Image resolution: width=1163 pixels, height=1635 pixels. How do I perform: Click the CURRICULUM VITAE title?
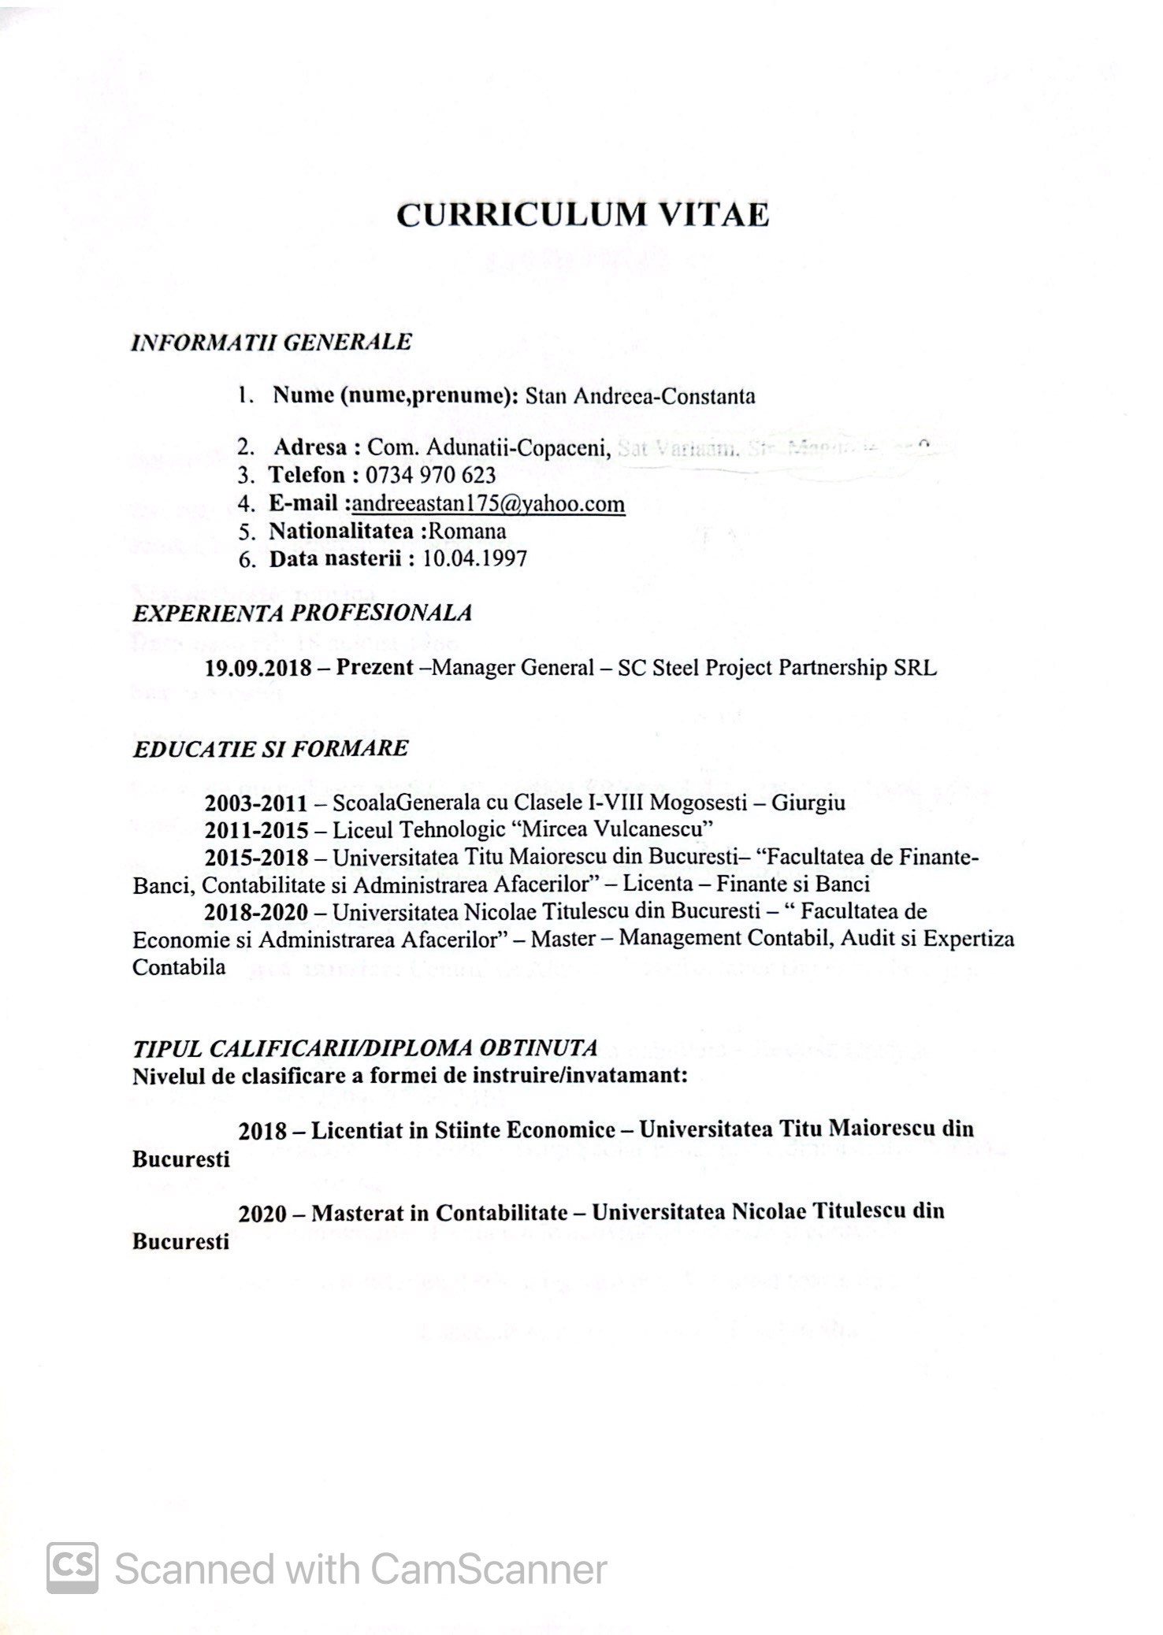click(x=582, y=215)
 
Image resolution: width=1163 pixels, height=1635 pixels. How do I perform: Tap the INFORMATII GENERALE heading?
click(x=272, y=342)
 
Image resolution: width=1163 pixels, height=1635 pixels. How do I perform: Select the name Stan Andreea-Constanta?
click(x=640, y=395)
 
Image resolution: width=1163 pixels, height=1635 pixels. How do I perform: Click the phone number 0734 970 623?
click(x=431, y=475)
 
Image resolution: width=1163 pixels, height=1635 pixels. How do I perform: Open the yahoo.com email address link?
click(x=489, y=503)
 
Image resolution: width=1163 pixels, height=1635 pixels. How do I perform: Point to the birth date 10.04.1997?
click(x=474, y=559)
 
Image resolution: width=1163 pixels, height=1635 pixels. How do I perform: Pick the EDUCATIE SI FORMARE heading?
click(x=271, y=747)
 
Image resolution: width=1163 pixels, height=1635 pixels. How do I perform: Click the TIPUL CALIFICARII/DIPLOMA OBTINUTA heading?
click(x=365, y=1047)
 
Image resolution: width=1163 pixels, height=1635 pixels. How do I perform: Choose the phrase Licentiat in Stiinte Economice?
click(x=463, y=1130)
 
